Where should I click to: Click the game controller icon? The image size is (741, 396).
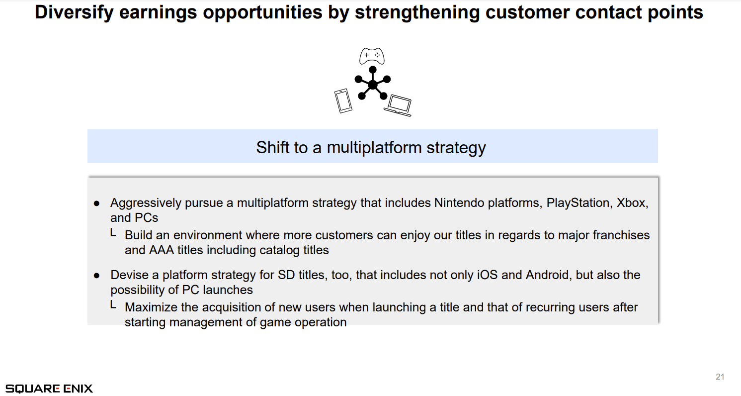coord(372,56)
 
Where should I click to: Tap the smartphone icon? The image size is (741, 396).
coord(343,100)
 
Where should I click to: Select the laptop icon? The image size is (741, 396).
coord(398,105)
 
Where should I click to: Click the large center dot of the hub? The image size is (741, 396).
coord(373,85)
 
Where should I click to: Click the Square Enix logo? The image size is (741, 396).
coord(49,389)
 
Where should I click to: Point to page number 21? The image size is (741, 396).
coord(720,377)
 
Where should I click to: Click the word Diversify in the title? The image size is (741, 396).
coord(74,12)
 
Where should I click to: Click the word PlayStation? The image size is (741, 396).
coord(577,203)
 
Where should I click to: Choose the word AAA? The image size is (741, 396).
coord(162,250)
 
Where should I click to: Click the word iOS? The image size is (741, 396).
coord(487,275)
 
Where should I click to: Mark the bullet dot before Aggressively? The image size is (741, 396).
coord(96,203)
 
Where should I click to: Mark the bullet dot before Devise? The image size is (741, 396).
coord(96,276)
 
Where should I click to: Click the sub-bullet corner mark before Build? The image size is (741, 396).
coord(113,232)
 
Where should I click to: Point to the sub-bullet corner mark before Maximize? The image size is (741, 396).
coord(113,304)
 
